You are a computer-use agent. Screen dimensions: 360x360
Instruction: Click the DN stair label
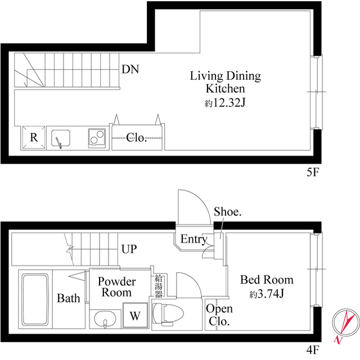[x=130, y=70]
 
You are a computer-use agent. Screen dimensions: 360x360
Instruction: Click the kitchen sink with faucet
[x=61, y=138]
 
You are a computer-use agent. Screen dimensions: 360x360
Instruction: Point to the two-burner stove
[x=97, y=138]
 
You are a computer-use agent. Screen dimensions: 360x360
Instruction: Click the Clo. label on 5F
[x=137, y=138]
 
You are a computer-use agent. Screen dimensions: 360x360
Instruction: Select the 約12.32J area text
[x=225, y=103]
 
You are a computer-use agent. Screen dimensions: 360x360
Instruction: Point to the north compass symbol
[x=344, y=327]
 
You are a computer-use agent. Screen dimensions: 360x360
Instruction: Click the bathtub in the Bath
[x=36, y=300]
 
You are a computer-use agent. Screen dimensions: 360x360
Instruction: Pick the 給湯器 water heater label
[x=159, y=285]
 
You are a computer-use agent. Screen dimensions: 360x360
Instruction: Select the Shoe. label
[x=228, y=212]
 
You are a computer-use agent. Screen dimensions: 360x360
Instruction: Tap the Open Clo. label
[x=219, y=315]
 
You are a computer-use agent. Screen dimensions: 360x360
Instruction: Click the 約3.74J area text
[x=267, y=294]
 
